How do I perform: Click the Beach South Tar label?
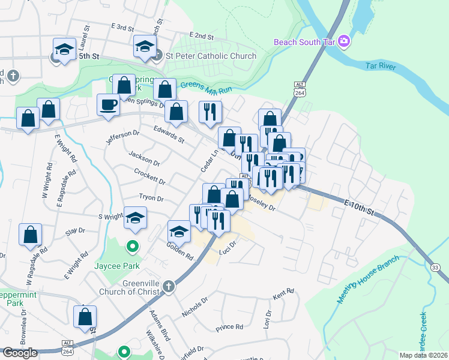click(x=305, y=42)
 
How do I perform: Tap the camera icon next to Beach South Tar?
click(x=344, y=41)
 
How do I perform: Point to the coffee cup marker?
click(x=108, y=104)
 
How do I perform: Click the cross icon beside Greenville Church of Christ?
click(x=169, y=286)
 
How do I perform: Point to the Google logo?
click(x=20, y=353)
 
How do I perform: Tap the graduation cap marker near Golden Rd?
click(x=178, y=231)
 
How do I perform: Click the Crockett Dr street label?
click(x=149, y=176)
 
